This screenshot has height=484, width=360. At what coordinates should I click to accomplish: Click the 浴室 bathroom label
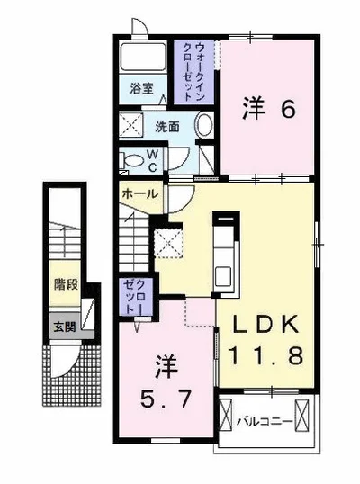tap(141, 89)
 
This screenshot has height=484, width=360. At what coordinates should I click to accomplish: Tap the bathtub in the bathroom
tap(143, 58)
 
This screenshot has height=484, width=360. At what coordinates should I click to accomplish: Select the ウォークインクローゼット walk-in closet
tap(193, 72)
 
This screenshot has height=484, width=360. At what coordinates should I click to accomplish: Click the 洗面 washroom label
tap(167, 127)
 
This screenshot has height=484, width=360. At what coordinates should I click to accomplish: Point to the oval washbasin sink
tap(204, 125)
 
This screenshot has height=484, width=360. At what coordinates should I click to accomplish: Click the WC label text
tap(153, 160)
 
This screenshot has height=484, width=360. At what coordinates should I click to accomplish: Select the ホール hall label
tap(140, 194)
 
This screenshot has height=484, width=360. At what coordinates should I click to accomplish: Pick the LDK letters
tap(265, 324)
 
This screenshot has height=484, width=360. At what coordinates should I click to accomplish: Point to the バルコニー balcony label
tap(264, 421)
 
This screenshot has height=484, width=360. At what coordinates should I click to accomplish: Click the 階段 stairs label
tap(66, 284)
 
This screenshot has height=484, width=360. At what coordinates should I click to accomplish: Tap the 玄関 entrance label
tap(65, 327)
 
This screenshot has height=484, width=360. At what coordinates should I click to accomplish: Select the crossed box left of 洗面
tap(131, 125)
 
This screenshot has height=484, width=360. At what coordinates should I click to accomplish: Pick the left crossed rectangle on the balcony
tap(225, 414)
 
